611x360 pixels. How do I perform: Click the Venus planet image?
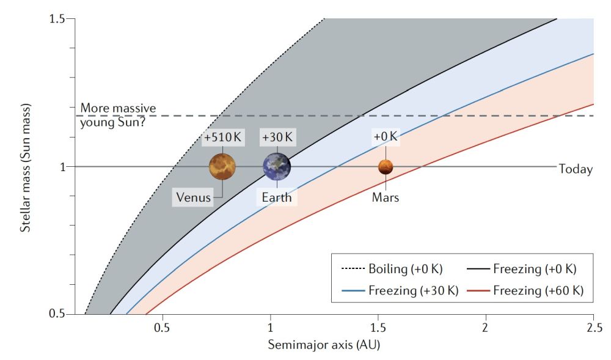click(222, 166)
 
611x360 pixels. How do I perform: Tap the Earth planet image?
click(277, 166)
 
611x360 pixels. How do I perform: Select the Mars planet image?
click(386, 166)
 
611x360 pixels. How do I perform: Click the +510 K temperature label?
click(223, 138)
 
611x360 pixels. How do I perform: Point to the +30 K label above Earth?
click(277, 138)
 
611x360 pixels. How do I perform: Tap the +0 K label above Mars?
click(385, 137)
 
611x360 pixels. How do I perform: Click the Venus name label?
click(193, 197)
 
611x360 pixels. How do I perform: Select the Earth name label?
click(277, 197)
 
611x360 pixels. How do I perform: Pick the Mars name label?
click(385, 197)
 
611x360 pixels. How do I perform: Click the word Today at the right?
click(576, 169)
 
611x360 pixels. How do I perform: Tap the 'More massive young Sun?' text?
click(119, 115)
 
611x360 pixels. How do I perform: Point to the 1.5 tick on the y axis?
click(57, 19)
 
